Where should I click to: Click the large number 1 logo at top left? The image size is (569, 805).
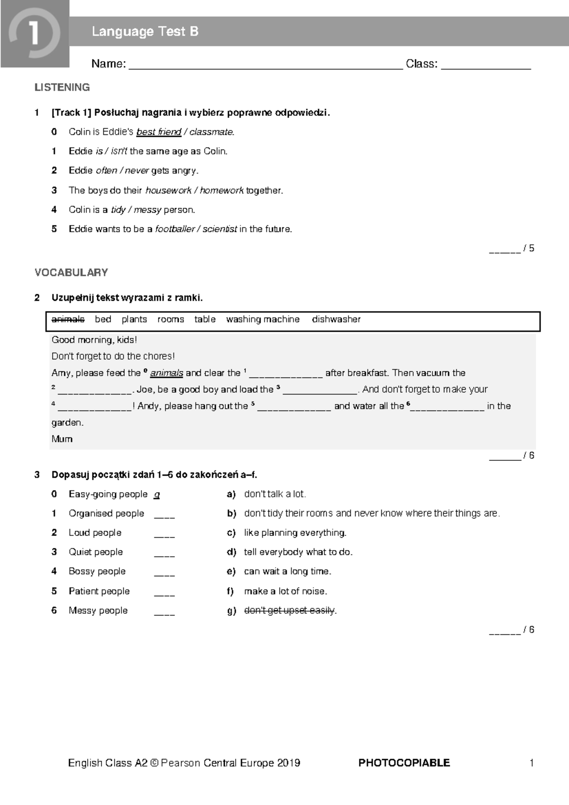tap(34, 34)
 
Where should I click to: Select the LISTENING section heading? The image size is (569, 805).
tap(62, 87)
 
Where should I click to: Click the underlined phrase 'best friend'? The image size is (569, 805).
tap(159, 132)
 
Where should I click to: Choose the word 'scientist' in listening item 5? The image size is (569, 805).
tap(220, 229)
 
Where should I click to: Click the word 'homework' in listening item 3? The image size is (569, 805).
tap(221, 190)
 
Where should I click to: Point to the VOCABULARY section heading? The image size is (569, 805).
tap(71, 272)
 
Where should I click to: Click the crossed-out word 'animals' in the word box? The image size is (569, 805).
tap(68, 319)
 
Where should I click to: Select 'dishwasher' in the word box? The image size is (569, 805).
tap(336, 319)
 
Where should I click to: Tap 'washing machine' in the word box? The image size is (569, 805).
tap(263, 319)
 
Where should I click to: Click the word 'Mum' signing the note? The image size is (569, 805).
tap(62, 439)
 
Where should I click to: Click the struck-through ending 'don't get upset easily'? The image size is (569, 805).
tap(290, 610)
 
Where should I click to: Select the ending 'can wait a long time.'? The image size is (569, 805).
tap(287, 571)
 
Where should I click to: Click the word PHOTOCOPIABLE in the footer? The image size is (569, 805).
tap(404, 763)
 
